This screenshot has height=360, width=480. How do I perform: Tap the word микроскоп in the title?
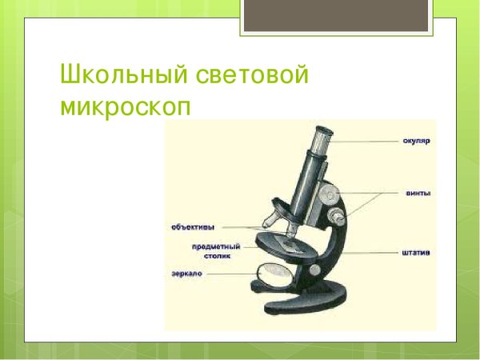(x=126, y=108)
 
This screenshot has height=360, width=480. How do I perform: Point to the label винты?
(x=416, y=193)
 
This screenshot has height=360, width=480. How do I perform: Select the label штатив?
(x=416, y=254)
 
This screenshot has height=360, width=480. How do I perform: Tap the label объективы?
(x=193, y=226)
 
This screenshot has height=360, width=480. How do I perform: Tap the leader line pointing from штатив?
(x=376, y=254)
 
